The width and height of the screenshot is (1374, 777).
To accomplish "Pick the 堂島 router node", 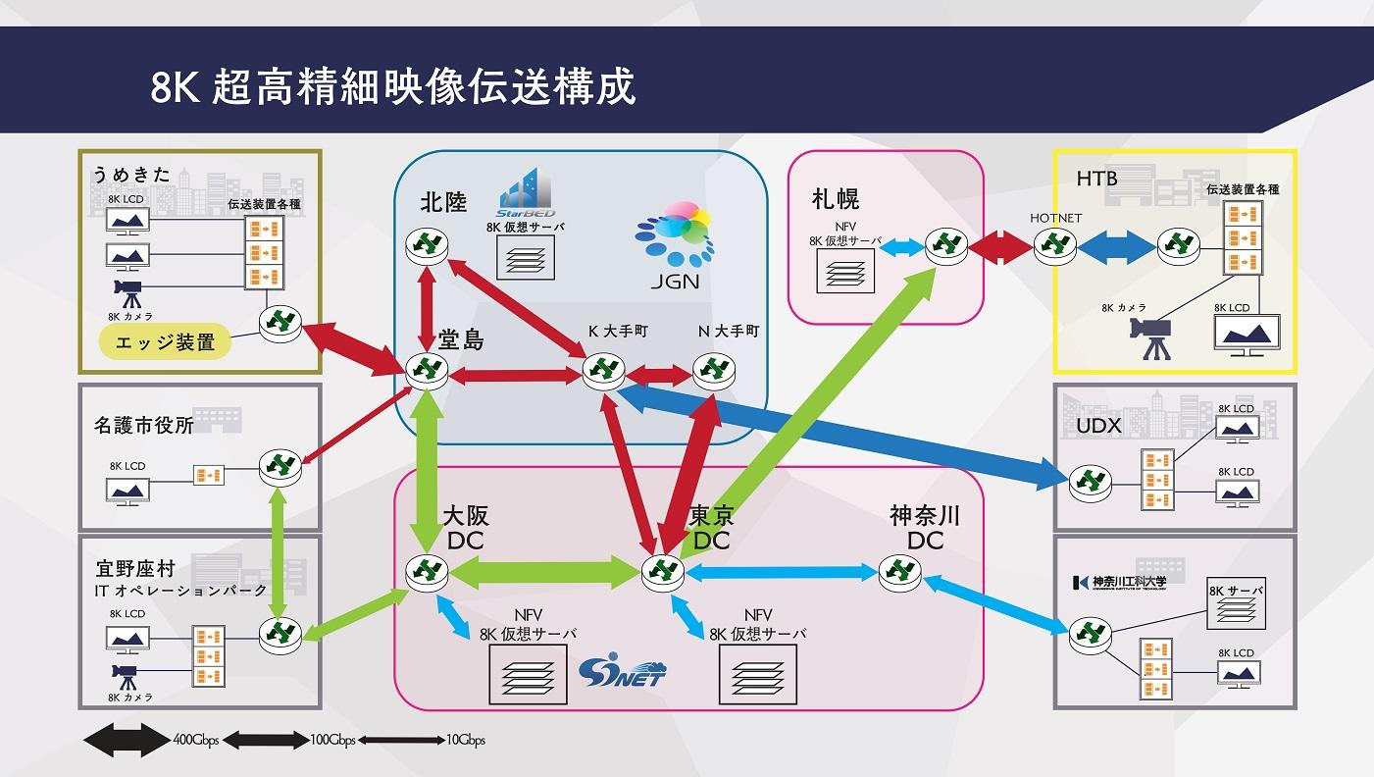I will pos(427,371).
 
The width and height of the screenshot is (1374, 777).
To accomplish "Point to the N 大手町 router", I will pos(713,371).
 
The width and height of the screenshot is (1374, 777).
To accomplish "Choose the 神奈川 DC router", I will pos(899,572).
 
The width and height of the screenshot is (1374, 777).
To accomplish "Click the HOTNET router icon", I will pos(1054,245).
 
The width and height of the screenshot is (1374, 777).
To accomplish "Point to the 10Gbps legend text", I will pos(465,741).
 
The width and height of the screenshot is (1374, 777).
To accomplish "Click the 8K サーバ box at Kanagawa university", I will pos(1235,604).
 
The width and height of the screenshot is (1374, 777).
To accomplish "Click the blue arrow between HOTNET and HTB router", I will pos(1116,245).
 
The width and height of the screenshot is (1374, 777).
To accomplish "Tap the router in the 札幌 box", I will pos(946,245).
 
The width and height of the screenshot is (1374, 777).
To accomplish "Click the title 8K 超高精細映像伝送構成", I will pos(392,86).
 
